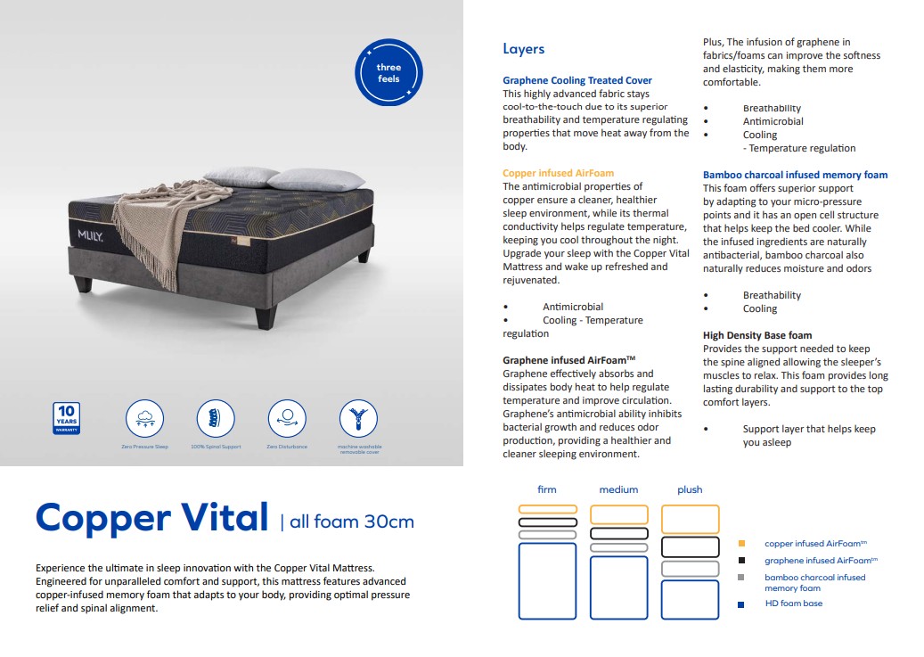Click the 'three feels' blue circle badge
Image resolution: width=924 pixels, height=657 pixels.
388,73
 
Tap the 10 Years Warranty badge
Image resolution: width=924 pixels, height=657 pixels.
67,417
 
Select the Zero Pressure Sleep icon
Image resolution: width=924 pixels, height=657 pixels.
144,418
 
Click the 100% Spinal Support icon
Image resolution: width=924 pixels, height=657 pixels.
216,418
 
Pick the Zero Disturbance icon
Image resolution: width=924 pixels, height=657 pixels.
287,418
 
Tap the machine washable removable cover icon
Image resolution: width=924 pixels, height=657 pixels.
358,418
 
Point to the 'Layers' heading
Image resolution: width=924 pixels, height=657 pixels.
523,49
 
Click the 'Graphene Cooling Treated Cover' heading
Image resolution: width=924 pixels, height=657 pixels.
577,80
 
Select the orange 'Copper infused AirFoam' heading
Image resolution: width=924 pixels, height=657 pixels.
558,173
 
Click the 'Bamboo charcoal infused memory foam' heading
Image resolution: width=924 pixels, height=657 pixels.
795,175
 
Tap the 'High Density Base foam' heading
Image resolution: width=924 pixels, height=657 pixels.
757,335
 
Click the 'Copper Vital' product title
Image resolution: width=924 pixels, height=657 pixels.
151,518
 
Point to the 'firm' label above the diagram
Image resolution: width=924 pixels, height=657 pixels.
547,489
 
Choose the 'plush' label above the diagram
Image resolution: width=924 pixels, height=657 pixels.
690,489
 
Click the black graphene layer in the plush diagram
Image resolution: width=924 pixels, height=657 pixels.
690,546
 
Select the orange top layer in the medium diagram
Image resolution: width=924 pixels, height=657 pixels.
618,514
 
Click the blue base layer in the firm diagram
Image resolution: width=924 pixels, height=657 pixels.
547,580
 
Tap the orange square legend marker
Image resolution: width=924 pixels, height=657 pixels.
741,543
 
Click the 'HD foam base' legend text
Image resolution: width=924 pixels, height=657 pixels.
793,604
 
